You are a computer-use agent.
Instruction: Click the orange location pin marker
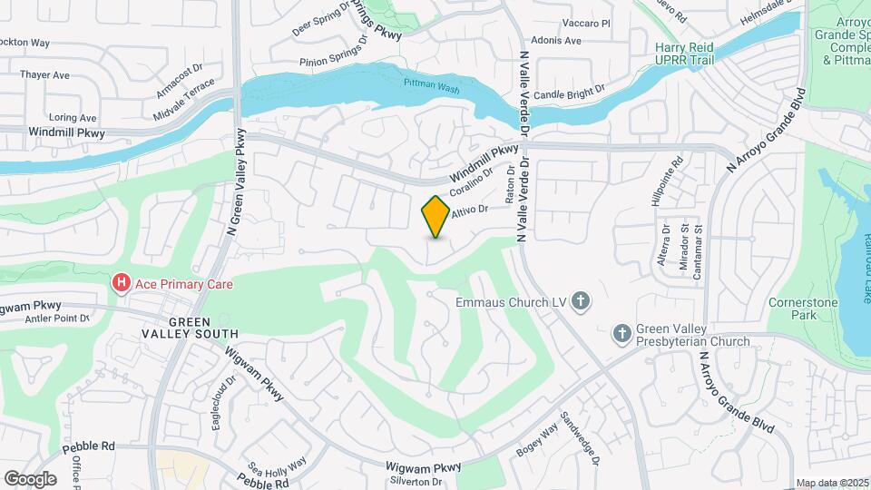coord(435,217)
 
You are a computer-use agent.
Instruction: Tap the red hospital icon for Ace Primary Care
coord(120,284)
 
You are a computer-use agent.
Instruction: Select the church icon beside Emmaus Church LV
coord(582,301)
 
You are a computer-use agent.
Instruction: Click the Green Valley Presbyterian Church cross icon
coord(622,334)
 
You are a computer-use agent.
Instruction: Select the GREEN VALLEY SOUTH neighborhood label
coord(189,328)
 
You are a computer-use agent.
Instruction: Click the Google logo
coord(31,478)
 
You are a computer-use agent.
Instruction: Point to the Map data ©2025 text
coord(831,483)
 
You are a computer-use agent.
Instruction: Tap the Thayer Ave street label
coord(45,75)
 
